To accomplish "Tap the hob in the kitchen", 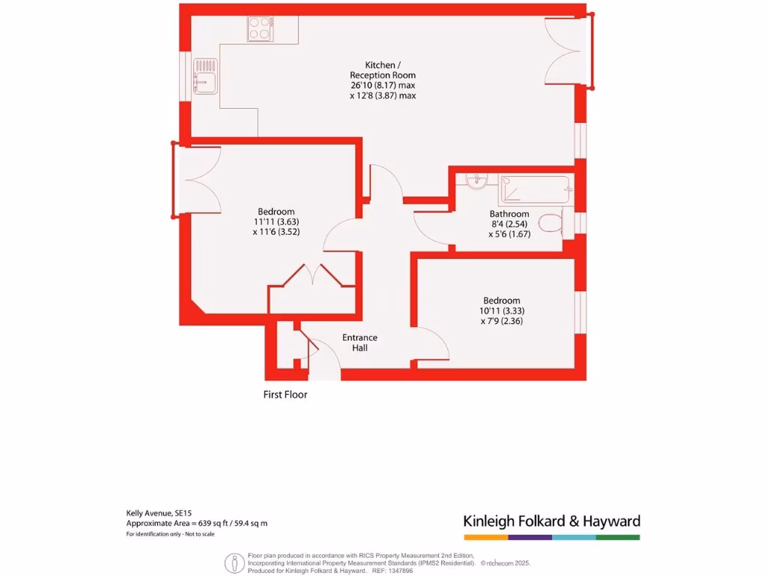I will click(260, 28).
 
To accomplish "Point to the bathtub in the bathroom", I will click(535, 190).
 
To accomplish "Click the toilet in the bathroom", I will click(551, 224).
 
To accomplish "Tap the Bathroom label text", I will click(509, 214).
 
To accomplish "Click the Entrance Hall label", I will click(360, 343).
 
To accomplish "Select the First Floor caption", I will click(285, 394).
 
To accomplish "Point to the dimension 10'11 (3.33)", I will click(501, 311).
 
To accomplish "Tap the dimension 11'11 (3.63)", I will click(276, 222).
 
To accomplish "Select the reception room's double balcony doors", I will click(563, 50).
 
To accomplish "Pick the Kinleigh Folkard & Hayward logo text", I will click(551, 521).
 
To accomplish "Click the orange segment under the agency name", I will click(485, 537).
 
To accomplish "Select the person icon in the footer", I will click(234, 562).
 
